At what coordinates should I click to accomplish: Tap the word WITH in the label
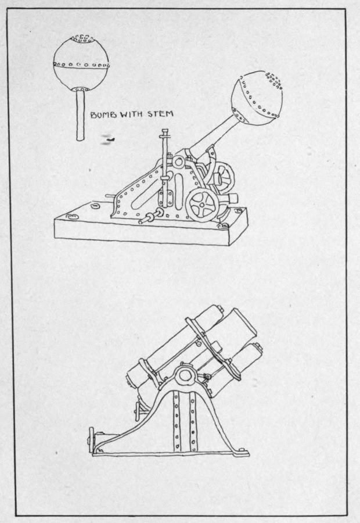(132, 115)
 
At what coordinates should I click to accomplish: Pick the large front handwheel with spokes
(201, 205)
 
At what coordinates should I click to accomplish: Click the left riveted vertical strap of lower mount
(177, 418)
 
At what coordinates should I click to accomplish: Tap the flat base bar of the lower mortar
(174, 453)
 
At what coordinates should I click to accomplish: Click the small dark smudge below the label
(107, 139)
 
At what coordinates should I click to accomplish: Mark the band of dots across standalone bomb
(81, 64)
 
